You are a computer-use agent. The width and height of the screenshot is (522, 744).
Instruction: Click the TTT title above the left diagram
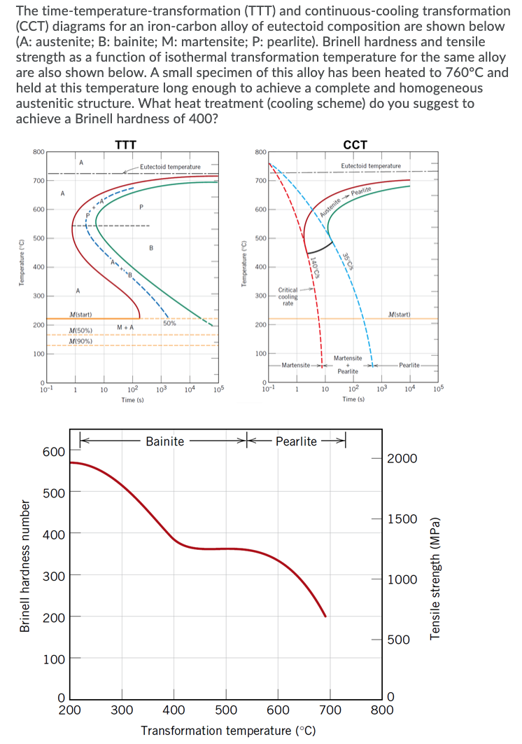pyautogui.click(x=125, y=145)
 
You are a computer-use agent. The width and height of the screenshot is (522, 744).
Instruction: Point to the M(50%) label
pyautogui.click(x=82, y=330)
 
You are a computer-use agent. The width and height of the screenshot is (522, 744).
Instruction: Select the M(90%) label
pyautogui.click(x=82, y=340)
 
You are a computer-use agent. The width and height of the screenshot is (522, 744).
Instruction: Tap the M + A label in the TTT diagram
pyautogui.click(x=126, y=328)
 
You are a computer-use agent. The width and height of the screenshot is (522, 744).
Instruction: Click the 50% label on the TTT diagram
pyautogui.click(x=169, y=323)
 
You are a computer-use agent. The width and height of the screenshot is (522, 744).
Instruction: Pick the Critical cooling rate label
pyautogui.click(x=288, y=296)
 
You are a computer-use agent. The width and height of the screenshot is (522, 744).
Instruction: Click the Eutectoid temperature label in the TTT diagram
pyautogui.click(x=170, y=166)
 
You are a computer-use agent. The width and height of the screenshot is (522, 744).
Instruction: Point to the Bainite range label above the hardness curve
pyautogui.click(x=165, y=441)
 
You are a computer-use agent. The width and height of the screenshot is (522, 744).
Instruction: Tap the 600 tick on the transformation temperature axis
pyautogui.click(x=278, y=710)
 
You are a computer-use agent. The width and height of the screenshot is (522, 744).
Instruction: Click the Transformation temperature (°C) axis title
pyautogui.click(x=228, y=731)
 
